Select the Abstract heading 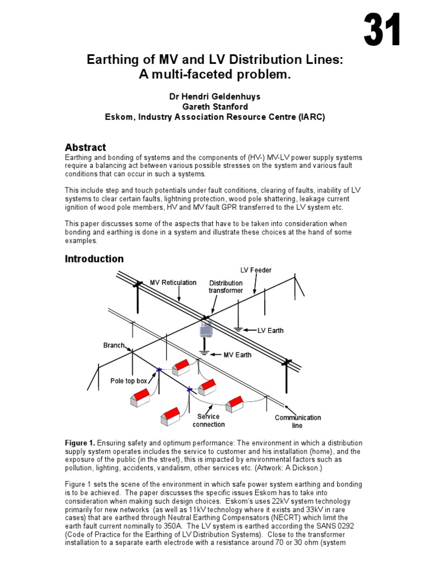tap(85, 147)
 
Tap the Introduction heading tap(94, 259)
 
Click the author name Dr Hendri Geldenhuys tap(215, 97)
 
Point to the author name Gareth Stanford tap(215, 107)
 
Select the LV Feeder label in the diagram tap(256, 270)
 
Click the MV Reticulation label tap(173, 283)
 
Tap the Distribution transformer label tap(226, 286)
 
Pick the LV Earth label tap(270, 331)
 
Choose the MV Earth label tap(237, 355)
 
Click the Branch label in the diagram tap(114, 345)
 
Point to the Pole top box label tap(129, 381)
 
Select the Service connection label tap(208, 420)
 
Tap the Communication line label tap(298, 421)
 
